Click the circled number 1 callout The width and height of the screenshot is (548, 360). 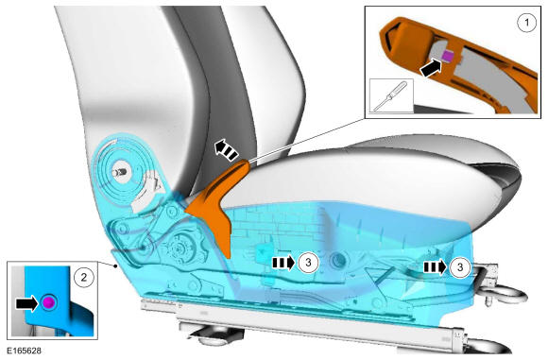pos(526,23)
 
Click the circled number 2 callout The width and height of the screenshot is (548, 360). pos(84,277)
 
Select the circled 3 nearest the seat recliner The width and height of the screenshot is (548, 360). pos(308,262)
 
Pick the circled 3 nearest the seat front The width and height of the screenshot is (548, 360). pos(460,267)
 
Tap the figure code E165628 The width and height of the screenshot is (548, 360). pos(25,351)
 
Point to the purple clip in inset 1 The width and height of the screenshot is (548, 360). pos(447,55)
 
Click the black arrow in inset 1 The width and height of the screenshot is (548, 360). pos(431,68)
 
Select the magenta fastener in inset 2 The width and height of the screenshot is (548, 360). pos(48,302)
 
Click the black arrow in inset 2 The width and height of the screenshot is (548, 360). pos(26,303)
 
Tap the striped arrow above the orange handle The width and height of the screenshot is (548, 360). pos(227,149)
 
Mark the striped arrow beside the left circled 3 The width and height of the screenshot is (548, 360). pos(283,263)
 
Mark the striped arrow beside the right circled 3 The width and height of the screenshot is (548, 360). pos(436,267)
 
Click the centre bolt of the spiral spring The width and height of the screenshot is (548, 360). pos(120,172)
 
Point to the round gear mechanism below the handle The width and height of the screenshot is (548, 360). pos(181,249)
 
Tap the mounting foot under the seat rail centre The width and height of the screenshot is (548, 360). pos(214,334)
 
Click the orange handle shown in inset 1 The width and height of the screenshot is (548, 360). pos(458,63)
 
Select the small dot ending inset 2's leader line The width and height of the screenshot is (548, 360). pos(115,266)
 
